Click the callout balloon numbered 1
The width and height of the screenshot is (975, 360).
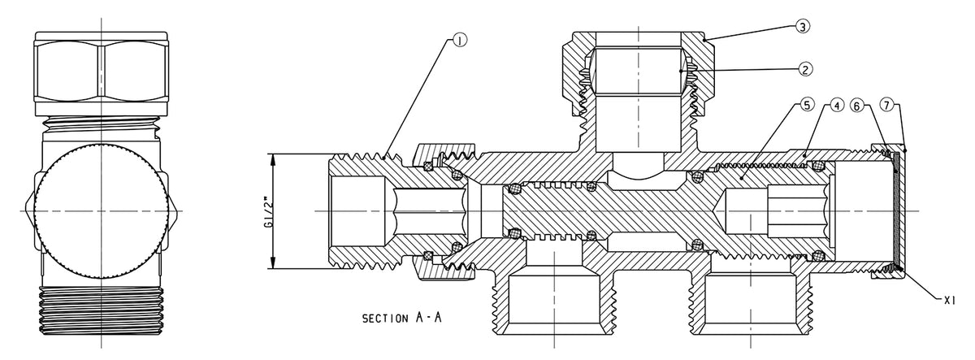pyautogui.click(x=460, y=41)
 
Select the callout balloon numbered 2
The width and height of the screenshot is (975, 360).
pyautogui.click(x=805, y=69)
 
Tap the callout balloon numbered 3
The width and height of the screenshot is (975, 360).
pyautogui.click(x=803, y=27)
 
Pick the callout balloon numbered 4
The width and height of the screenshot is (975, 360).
pyautogui.click(x=837, y=106)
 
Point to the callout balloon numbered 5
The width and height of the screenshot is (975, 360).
pyautogui.click(x=807, y=106)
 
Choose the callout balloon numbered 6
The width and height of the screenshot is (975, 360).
pyautogui.click(x=857, y=106)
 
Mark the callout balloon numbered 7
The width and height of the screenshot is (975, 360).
pyautogui.click(x=887, y=106)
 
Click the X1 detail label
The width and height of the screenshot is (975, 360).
pyautogui.click(x=949, y=301)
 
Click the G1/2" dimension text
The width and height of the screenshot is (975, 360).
pyautogui.click(x=271, y=213)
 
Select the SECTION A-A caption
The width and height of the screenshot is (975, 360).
pyautogui.click(x=401, y=318)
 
